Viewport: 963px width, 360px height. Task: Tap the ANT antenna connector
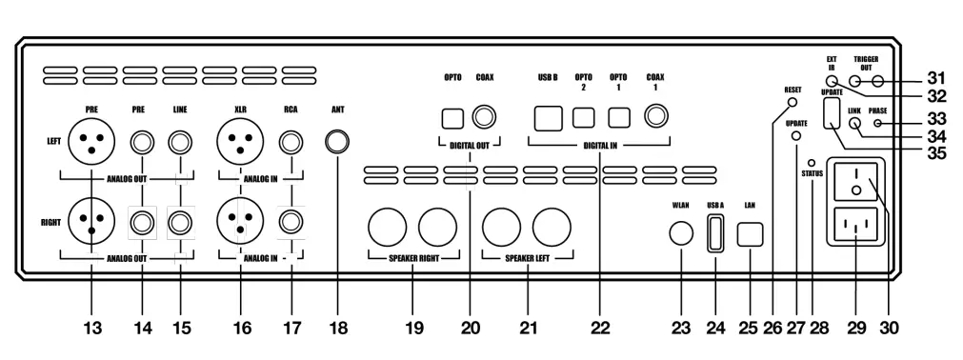point(337,143)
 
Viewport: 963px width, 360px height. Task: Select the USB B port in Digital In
point(548,117)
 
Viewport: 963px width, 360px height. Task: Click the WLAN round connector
point(680,234)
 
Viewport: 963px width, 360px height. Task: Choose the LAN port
point(751,234)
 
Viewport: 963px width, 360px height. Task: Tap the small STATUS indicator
point(812,162)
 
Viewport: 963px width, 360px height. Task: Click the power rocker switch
point(854,182)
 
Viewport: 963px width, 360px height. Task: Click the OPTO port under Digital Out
point(452,117)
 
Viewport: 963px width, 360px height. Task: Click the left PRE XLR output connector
point(91,143)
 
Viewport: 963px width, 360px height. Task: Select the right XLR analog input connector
point(241,223)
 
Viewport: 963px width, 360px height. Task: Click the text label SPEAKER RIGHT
point(412,258)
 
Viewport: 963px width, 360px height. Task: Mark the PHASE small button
point(875,122)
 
